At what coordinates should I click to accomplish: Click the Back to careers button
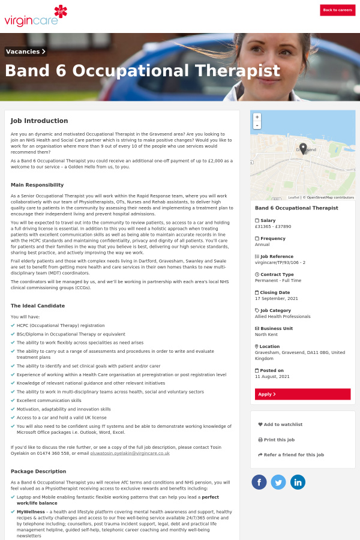tap(337, 10)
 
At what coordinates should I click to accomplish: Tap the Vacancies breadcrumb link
tap(26, 52)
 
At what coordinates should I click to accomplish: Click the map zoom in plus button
tap(257, 117)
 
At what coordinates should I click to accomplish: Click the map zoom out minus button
tap(257, 125)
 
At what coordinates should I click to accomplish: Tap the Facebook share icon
tap(259, 482)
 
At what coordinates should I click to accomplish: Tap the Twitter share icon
tap(278, 482)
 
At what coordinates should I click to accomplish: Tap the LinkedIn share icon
tap(298, 482)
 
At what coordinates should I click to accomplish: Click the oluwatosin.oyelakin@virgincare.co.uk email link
tap(130, 453)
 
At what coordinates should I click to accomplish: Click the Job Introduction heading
tap(39, 121)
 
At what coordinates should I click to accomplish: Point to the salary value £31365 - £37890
tap(273, 227)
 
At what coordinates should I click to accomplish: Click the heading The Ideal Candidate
tap(38, 306)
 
